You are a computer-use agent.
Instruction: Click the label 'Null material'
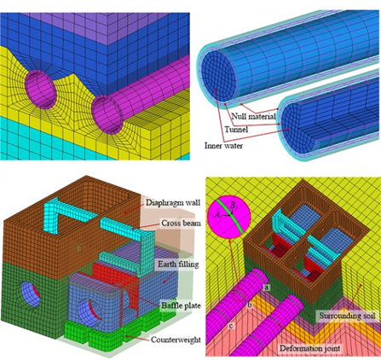[x=253, y=116]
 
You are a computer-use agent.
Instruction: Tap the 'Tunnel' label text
[x=236, y=130]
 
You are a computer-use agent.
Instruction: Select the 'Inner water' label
[x=223, y=146]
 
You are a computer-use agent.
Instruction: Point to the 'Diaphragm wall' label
[x=173, y=202]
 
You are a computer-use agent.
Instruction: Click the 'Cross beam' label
[x=181, y=223]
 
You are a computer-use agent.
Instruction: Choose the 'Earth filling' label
[x=178, y=264]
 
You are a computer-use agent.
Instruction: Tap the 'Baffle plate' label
[x=181, y=305]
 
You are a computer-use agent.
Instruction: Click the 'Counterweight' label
[x=176, y=340]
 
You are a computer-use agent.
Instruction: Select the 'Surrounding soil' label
[x=347, y=316]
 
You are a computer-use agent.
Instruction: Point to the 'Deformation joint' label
[x=309, y=348]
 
